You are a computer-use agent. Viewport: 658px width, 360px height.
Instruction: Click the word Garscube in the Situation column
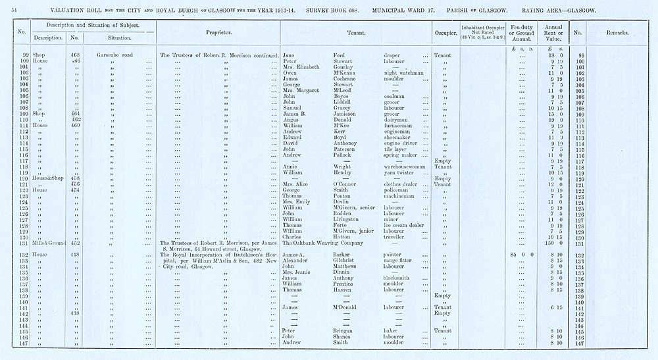105,55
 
